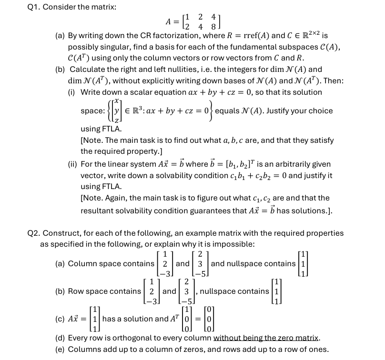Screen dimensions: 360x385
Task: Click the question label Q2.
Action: click(35, 233)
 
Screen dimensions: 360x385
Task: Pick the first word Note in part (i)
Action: click(93, 140)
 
